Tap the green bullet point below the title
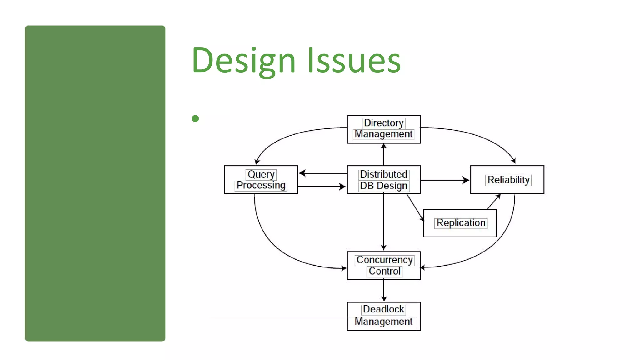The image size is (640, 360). (195, 118)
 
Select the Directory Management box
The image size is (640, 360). (384, 129)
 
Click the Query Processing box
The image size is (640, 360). (261, 180)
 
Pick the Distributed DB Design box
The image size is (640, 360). (384, 180)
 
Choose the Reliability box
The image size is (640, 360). (507, 180)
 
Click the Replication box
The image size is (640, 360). (460, 223)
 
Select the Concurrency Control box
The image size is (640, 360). (384, 266)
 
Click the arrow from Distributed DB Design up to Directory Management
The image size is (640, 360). (384, 155)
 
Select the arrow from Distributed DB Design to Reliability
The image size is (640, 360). (445, 180)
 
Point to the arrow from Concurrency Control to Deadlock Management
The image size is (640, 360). (384, 291)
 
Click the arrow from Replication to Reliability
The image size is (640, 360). (494, 202)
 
